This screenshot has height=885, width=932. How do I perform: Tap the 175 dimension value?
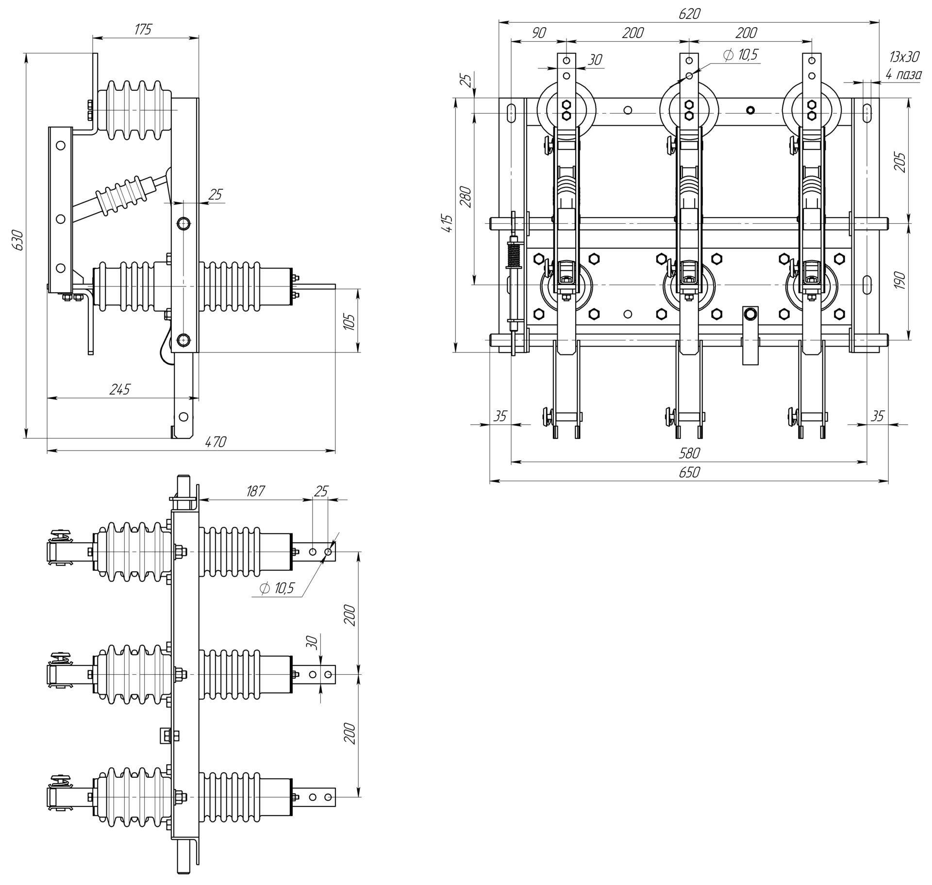(x=143, y=30)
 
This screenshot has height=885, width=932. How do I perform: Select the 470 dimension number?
(x=216, y=442)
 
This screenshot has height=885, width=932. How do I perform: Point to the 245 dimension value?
(x=120, y=389)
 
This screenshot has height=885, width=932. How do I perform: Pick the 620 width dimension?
(x=689, y=14)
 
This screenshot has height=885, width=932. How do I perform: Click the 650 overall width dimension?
(x=689, y=472)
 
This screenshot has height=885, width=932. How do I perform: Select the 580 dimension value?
(x=689, y=453)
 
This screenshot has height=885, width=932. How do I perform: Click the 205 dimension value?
(x=899, y=163)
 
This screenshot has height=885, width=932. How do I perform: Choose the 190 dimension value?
(x=899, y=281)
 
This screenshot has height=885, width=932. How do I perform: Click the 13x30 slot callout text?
(x=904, y=57)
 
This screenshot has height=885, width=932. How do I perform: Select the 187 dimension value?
(x=255, y=491)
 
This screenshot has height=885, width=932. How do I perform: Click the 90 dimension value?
(x=538, y=33)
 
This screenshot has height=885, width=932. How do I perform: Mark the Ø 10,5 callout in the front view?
(x=740, y=55)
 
